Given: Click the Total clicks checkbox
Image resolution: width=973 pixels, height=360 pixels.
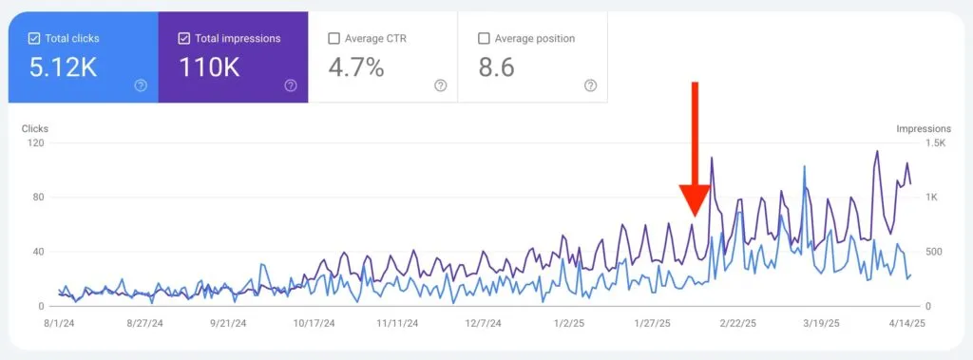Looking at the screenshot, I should point(34,39).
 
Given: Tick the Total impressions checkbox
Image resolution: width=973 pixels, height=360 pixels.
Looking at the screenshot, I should point(184,39).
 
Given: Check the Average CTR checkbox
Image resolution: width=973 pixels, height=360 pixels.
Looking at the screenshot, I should point(334,39).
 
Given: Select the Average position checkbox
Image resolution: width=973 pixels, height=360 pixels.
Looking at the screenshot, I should point(484,39).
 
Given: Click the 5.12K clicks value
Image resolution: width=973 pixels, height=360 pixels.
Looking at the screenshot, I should point(63,67).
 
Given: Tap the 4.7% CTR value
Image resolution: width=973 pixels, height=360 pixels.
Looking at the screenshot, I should point(356,67).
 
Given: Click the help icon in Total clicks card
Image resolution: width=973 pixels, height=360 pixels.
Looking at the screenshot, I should point(141,85).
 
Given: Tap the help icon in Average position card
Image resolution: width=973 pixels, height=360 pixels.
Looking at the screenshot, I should point(590,85).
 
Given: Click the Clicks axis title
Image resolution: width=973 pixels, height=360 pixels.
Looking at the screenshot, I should point(35,128).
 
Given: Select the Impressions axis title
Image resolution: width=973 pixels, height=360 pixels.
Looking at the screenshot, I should point(923,128).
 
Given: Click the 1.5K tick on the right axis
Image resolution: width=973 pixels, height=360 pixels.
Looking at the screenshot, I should point(936,143).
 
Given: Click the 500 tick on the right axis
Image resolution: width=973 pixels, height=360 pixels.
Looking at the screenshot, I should point(934,252).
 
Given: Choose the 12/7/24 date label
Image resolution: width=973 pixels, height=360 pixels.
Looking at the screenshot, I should point(483,323).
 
